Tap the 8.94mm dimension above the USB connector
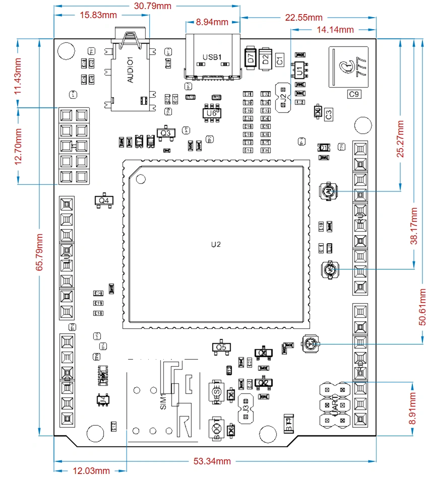pyautogui.click(x=212, y=22)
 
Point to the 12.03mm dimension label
pyautogui.click(x=91, y=471)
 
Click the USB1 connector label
pyautogui.click(x=212, y=57)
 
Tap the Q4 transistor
pyautogui.click(x=104, y=200)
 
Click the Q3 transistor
pyautogui.click(x=165, y=133)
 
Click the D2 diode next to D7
pyautogui.click(x=265, y=58)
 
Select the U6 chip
pyautogui.click(x=211, y=114)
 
